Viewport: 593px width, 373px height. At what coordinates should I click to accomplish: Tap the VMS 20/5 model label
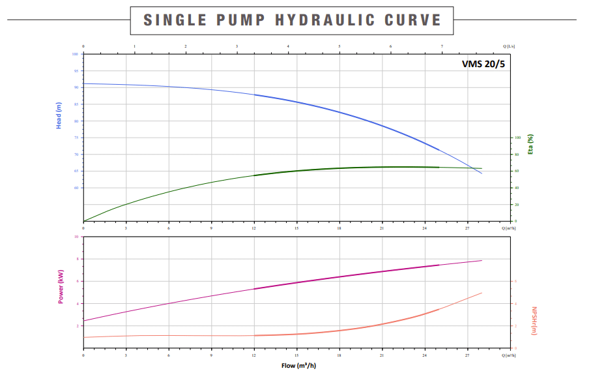(483, 64)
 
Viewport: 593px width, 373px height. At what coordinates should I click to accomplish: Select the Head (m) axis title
(59, 115)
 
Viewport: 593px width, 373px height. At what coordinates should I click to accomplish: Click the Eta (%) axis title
(530, 144)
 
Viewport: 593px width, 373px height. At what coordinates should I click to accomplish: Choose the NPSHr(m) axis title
(534, 321)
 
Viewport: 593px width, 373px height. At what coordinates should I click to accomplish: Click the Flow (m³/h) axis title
(298, 366)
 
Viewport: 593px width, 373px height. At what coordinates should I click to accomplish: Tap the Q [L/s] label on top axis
(509, 46)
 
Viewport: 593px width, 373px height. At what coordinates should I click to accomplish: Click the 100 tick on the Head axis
(76, 54)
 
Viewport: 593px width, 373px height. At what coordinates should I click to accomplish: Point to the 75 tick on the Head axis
(76, 138)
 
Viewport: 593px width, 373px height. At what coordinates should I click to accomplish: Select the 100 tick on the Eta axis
(518, 138)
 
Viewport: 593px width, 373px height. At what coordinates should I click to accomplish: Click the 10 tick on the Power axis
(76, 237)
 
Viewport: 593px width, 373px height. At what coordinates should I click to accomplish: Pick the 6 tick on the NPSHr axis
(515, 281)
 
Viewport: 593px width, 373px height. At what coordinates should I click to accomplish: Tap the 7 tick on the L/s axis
(442, 46)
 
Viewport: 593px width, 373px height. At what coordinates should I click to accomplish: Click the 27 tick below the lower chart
(467, 355)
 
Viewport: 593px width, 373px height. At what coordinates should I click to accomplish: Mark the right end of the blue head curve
(482, 173)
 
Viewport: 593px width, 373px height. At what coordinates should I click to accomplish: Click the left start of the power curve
(84, 320)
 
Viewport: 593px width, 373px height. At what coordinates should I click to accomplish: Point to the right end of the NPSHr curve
(482, 293)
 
